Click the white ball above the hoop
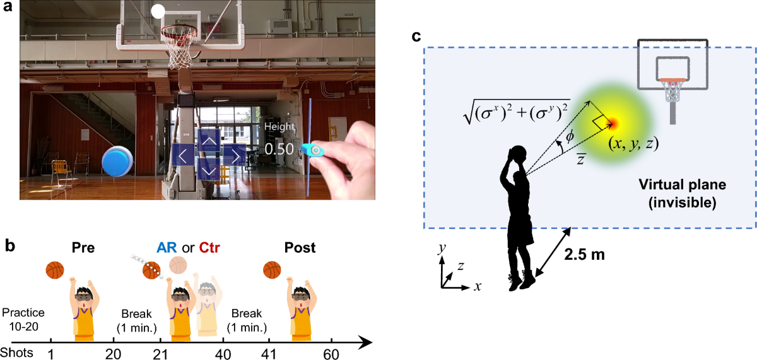[158, 11]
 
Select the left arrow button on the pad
[182, 154]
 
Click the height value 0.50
[279, 149]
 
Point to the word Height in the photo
[279, 127]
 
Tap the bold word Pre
[83, 248]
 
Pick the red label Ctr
[211, 248]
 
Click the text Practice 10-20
[23, 318]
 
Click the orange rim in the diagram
[672, 80]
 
